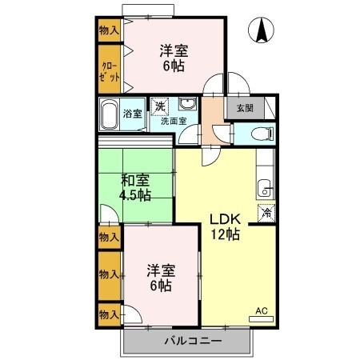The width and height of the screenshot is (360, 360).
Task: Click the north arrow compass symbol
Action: coord(261,31)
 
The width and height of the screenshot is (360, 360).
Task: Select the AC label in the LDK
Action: coord(261,310)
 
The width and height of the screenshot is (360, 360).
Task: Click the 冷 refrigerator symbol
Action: coord(266,214)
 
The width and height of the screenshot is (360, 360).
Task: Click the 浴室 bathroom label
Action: coord(133,113)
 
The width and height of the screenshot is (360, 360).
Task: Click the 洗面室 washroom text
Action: coord(173,122)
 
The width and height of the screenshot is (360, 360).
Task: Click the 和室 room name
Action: coord(134,180)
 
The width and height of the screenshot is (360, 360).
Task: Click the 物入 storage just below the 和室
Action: coord(110,237)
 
